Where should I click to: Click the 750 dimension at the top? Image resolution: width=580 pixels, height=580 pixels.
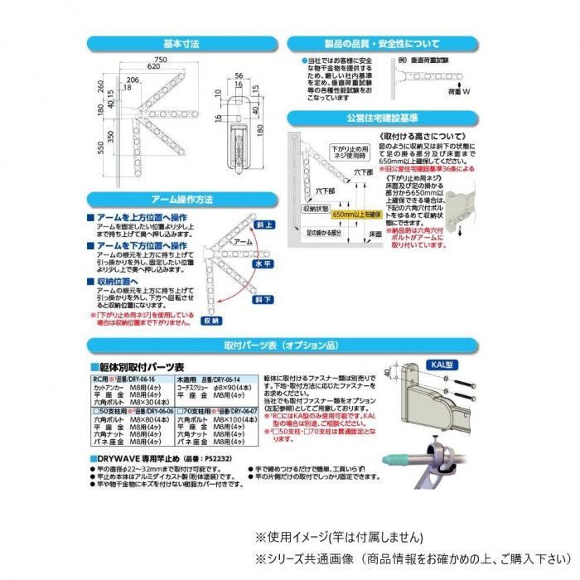(x=161, y=60)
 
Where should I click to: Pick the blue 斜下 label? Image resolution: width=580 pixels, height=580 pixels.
(x=262, y=299)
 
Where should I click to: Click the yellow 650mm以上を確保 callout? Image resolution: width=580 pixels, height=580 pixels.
(x=356, y=213)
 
